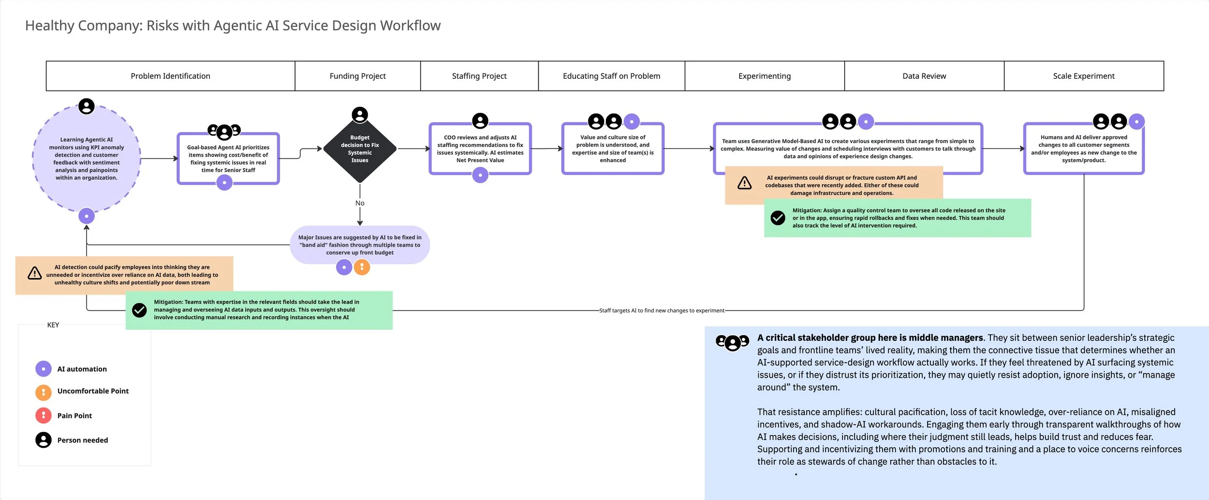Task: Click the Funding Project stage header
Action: [357, 76]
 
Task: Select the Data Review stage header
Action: [924, 76]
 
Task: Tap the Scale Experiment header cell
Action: [1083, 76]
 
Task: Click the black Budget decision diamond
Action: [360, 149]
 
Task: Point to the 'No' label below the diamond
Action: [360, 203]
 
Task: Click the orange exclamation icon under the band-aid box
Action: [362, 267]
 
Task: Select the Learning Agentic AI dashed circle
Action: [87, 159]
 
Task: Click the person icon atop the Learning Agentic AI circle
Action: [87, 106]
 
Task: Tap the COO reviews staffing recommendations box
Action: [480, 148]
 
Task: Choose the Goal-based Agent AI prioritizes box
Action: [228, 159]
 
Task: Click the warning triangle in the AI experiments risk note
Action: [744, 183]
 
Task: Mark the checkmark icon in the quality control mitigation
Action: [778, 218]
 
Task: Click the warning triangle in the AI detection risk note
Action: [35, 273]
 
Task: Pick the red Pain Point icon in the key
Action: [44, 415]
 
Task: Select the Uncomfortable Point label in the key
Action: [93, 391]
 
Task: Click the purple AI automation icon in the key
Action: [44, 369]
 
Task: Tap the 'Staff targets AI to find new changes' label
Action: [662, 310]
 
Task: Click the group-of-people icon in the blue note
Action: [732, 342]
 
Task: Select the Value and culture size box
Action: [612, 148]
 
